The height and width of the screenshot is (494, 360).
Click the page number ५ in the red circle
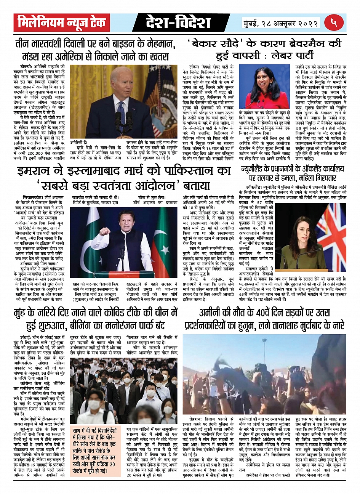(x=334, y=22)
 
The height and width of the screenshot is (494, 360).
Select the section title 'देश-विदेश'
(x=178, y=23)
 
